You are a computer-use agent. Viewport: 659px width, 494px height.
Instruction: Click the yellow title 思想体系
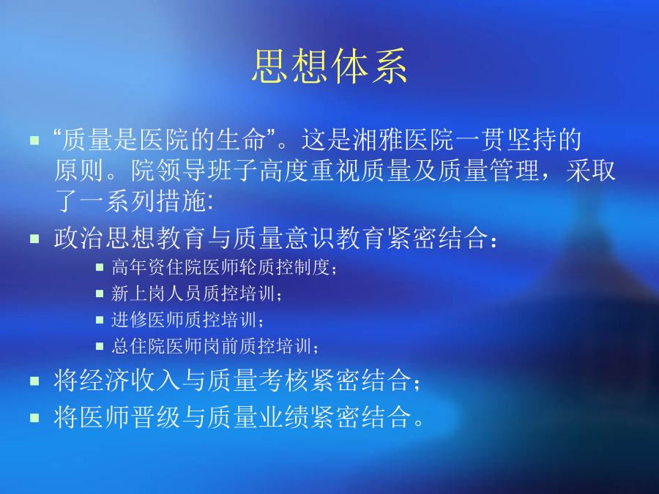click(329, 66)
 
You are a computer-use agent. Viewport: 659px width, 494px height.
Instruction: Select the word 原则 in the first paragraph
click(79, 171)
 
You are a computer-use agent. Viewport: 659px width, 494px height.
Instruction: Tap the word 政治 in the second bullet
click(79, 238)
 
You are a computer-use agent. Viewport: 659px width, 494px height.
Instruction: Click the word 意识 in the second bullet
click(310, 238)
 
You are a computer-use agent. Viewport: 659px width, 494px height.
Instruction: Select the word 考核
click(284, 381)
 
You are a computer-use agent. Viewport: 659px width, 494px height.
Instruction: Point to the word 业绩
click(284, 417)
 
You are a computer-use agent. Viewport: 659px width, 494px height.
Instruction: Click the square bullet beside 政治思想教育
click(34, 239)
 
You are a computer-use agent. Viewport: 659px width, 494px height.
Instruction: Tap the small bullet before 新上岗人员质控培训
click(100, 293)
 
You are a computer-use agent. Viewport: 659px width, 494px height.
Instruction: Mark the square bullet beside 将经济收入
click(34, 381)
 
